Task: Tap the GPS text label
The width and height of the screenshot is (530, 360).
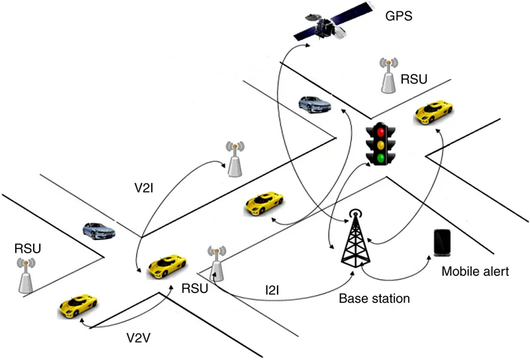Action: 399,14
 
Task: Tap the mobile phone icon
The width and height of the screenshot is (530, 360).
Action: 443,242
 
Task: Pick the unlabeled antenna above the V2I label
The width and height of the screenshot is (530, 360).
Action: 233,159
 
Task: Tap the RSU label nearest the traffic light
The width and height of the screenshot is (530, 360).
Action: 414,80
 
